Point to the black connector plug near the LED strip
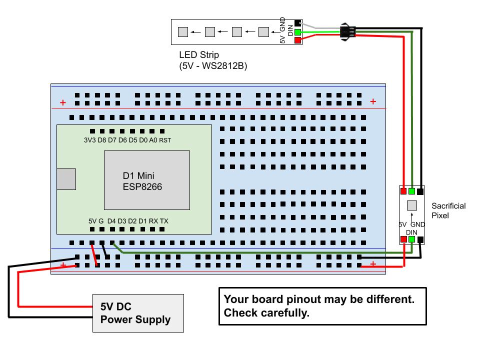point(346,31)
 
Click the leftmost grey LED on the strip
point(183,32)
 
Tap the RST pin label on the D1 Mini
point(165,140)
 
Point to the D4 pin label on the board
point(111,220)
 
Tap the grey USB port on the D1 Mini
point(66,179)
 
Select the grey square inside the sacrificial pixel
point(412,205)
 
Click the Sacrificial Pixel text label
point(448,210)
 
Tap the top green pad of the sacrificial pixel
point(412,191)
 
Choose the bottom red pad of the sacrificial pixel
point(403,239)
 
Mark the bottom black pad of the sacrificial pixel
point(421,239)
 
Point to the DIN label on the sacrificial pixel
point(411,232)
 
